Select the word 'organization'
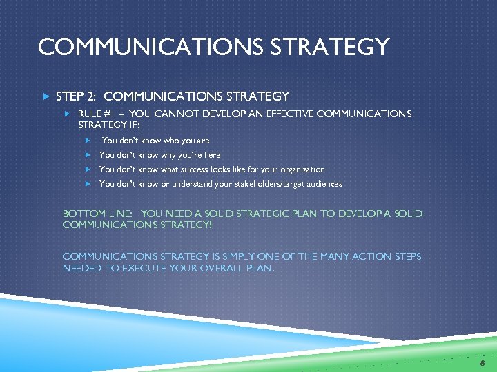(301, 169)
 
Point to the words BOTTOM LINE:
(98, 214)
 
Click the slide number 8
(483, 362)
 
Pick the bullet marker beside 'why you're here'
(88, 155)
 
